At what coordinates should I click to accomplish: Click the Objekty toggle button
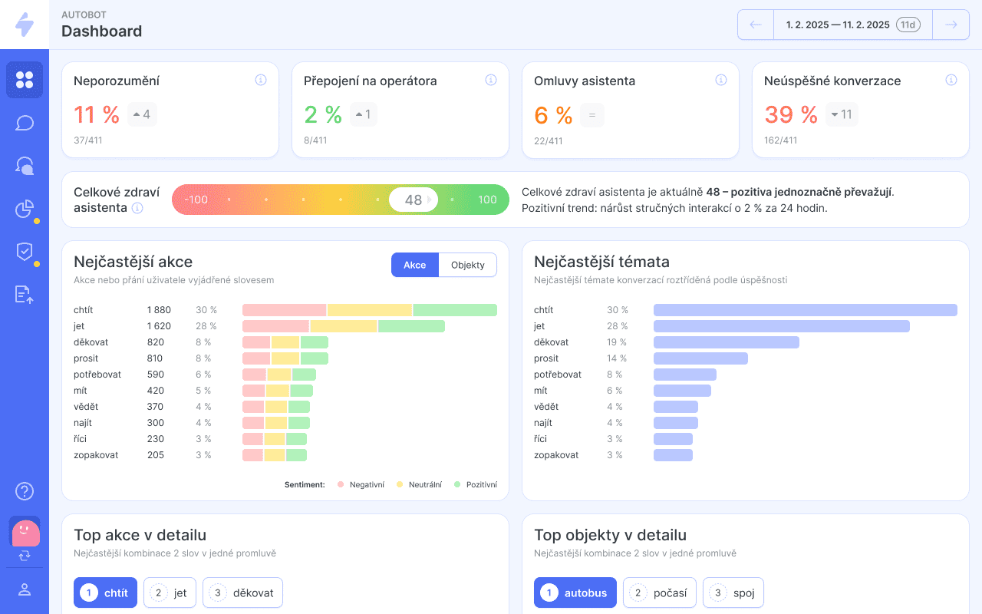[467, 265]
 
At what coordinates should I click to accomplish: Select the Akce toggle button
[415, 265]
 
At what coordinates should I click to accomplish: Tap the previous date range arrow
[756, 25]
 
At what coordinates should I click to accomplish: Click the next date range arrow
[951, 25]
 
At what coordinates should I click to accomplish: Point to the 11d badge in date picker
[908, 25]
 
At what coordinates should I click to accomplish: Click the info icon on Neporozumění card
[261, 80]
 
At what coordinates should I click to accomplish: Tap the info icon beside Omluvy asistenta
[721, 80]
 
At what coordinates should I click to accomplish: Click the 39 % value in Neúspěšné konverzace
[791, 114]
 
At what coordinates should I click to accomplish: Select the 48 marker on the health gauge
[414, 200]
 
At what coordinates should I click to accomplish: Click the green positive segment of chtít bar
[455, 310]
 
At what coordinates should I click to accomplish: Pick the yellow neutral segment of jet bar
[344, 326]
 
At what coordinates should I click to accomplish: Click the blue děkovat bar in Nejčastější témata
[727, 342]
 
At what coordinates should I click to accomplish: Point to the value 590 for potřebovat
[156, 375]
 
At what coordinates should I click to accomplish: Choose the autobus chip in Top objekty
[575, 593]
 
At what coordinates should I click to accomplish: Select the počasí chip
[659, 593]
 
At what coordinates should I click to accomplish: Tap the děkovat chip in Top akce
[242, 593]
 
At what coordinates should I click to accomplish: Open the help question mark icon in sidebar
[25, 491]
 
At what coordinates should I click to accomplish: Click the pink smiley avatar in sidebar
[26, 533]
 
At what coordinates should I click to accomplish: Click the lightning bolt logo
[25, 25]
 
